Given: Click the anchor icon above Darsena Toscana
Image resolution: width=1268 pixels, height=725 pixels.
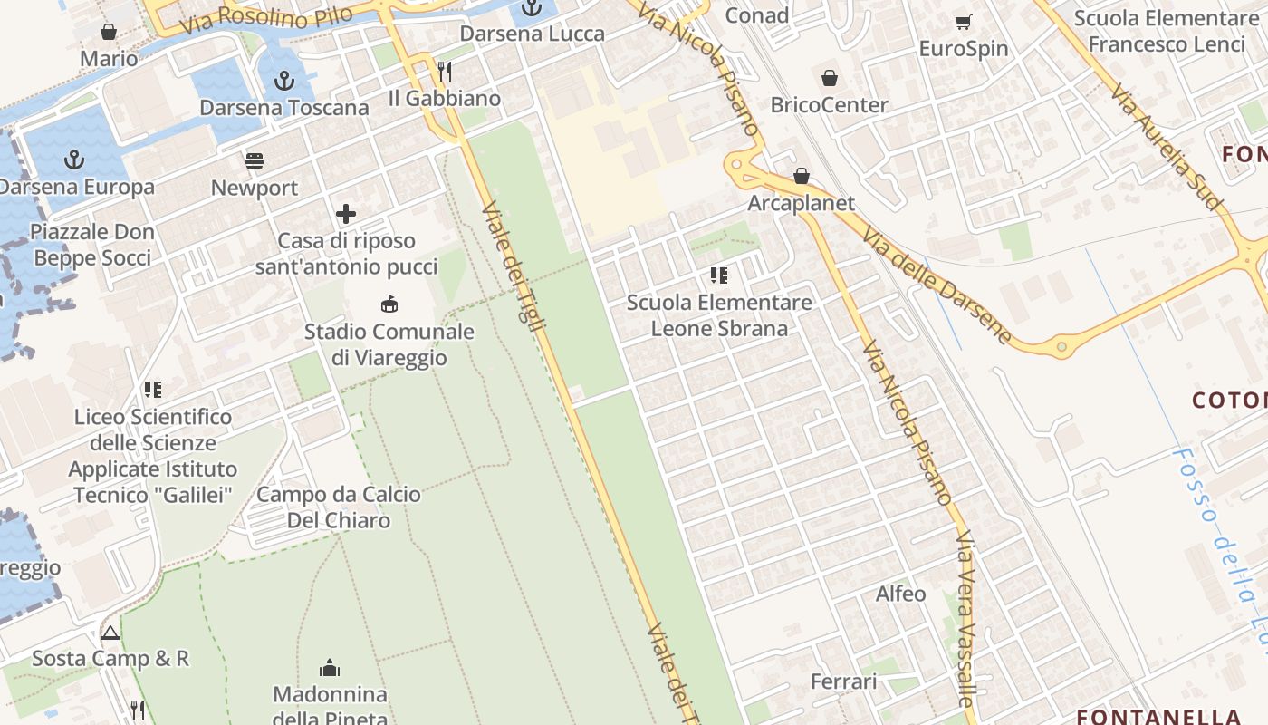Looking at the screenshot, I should click(284, 81).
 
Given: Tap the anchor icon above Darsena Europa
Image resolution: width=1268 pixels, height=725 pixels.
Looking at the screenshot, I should click(74, 160).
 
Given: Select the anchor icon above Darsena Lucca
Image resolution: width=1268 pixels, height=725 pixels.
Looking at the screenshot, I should click(532, 9).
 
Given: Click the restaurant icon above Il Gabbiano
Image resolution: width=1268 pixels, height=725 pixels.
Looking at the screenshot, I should click(444, 71).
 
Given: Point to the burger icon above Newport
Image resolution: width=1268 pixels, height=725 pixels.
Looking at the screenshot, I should click(255, 161).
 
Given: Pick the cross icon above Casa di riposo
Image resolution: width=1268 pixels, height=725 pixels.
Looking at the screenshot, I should click(346, 214).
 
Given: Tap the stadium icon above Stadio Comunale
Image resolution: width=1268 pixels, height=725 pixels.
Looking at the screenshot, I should click(389, 304).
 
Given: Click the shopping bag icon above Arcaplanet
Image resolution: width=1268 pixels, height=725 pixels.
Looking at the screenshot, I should click(802, 176).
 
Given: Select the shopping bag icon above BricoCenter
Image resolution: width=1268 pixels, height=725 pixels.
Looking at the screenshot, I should click(829, 78).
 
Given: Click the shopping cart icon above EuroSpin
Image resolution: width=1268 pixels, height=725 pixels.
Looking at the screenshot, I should click(963, 22).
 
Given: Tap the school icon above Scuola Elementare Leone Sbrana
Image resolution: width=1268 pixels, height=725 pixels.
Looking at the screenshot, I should click(719, 275).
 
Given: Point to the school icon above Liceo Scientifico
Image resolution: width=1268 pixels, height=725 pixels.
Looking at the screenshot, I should click(152, 390).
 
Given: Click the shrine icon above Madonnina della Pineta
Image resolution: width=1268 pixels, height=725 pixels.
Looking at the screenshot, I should click(330, 668).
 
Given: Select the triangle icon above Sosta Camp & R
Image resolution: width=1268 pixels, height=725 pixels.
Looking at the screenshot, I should click(110, 632).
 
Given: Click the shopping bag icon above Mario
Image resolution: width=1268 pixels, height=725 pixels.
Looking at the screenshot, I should click(109, 32).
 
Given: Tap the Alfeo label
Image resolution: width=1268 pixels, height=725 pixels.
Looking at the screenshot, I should click(900, 594).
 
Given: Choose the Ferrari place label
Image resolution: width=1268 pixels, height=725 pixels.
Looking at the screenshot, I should click(843, 681).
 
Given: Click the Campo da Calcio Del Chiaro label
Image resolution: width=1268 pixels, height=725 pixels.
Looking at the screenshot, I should click(339, 507).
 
